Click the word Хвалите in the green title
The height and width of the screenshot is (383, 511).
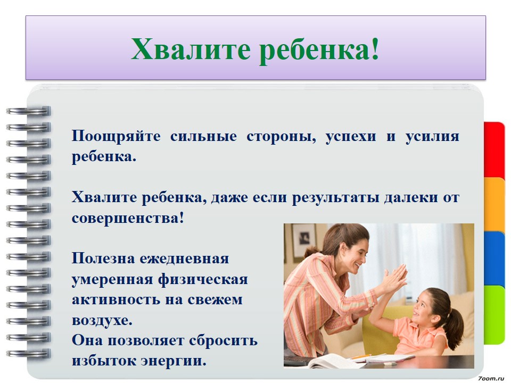click(x=191, y=49)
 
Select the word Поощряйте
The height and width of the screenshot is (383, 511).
click(x=116, y=137)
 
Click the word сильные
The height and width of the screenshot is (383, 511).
click(x=204, y=137)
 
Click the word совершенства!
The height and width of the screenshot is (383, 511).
click(x=128, y=218)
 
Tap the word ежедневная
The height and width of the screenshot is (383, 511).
click(x=184, y=259)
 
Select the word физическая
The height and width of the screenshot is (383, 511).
click(x=203, y=280)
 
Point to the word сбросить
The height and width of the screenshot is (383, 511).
click(x=223, y=340)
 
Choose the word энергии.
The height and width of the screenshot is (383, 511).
click(x=174, y=361)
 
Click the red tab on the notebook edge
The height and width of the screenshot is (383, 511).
click(x=494, y=150)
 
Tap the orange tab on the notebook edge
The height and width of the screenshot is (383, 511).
click(x=494, y=204)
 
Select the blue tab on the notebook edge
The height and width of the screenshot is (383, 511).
click(x=494, y=259)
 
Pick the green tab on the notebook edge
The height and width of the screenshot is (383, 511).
click(x=494, y=314)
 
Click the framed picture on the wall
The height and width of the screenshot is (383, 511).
click(x=304, y=241)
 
